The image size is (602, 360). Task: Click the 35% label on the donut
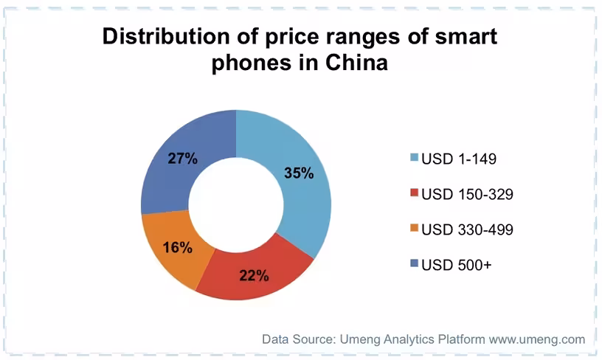point(299,173)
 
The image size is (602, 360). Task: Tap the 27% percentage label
point(182,158)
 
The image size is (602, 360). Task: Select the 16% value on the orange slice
point(177,248)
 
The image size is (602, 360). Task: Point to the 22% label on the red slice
point(254,275)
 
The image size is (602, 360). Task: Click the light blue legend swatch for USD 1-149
point(414,157)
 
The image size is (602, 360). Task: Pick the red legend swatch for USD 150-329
point(414,193)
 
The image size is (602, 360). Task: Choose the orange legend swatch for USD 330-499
point(414,228)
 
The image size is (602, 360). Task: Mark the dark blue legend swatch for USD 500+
point(414,263)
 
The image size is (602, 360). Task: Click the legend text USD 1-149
point(459,159)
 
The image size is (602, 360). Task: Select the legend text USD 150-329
point(467,194)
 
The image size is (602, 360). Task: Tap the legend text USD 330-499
point(467,229)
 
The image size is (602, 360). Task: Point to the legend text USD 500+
point(457,265)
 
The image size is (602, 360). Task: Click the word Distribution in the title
point(166,36)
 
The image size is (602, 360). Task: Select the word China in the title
point(356,63)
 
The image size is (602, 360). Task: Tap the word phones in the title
point(251,63)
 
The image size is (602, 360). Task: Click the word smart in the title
point(466,37)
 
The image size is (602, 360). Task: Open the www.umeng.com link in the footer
point(537,339)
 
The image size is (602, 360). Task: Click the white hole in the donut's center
point(236,204)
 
